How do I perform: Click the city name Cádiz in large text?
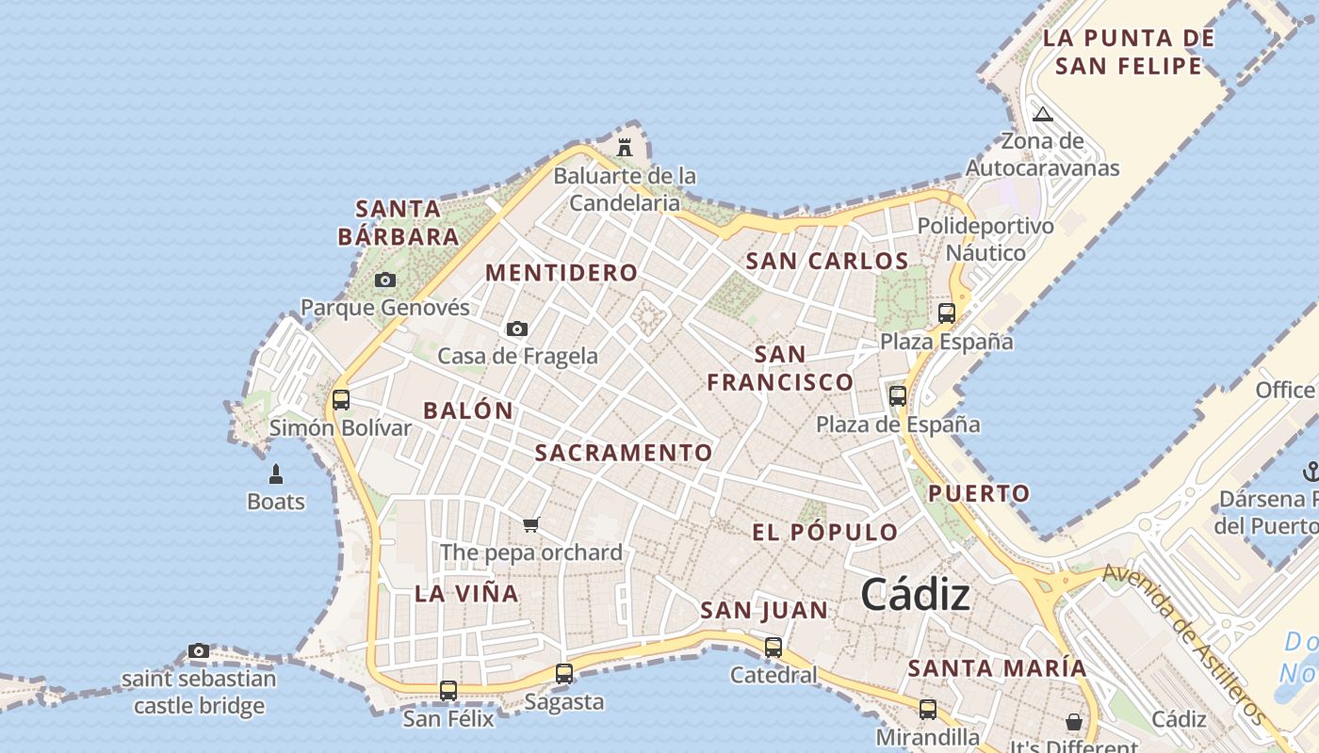(x=915, y=595)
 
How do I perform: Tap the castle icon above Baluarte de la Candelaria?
(x=624, y=147)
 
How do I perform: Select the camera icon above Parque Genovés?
(x=385, y=280)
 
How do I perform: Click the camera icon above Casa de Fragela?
(x=516, y=328)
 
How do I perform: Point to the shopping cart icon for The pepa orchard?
(x=531, y=524)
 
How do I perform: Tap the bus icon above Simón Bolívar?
(x=341, y=399)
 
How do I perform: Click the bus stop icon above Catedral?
(x=773, y=647)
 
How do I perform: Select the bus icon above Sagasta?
(x=564, y=673)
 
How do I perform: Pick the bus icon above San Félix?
(x=448, y=690)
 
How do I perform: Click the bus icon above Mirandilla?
(x=928, y=709)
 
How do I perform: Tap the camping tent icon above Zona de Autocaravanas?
(x=1042, y=115)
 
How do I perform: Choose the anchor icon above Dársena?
(x=1310, y=471)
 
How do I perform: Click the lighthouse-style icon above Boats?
(x=276, y=473)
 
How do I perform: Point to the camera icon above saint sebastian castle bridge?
(x=199, y=650)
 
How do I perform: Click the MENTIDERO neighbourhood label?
(x=562, y=273)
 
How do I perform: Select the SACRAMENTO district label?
(x=624, y=453)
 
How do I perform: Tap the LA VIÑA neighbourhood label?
(x=466, y=594)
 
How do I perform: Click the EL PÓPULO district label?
(x=825, y=533)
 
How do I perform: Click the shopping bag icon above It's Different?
(x=1073, y=722)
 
